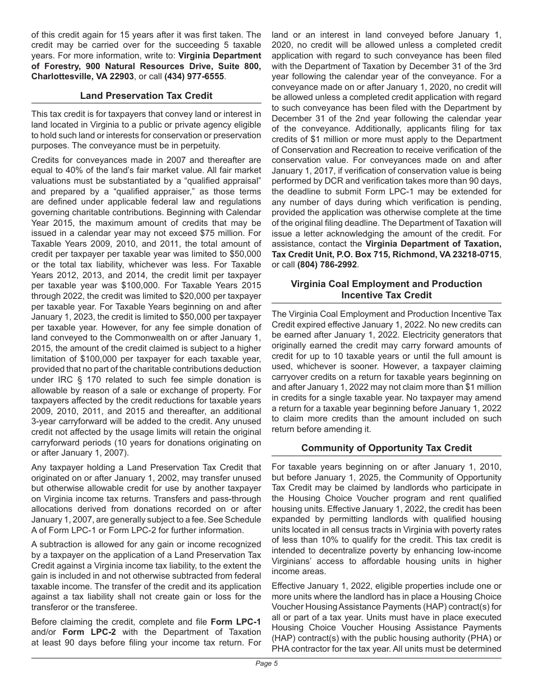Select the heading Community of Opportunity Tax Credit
pos(387,448)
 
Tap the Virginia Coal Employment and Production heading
pos(387,284)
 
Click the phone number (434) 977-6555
pos(194,76)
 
